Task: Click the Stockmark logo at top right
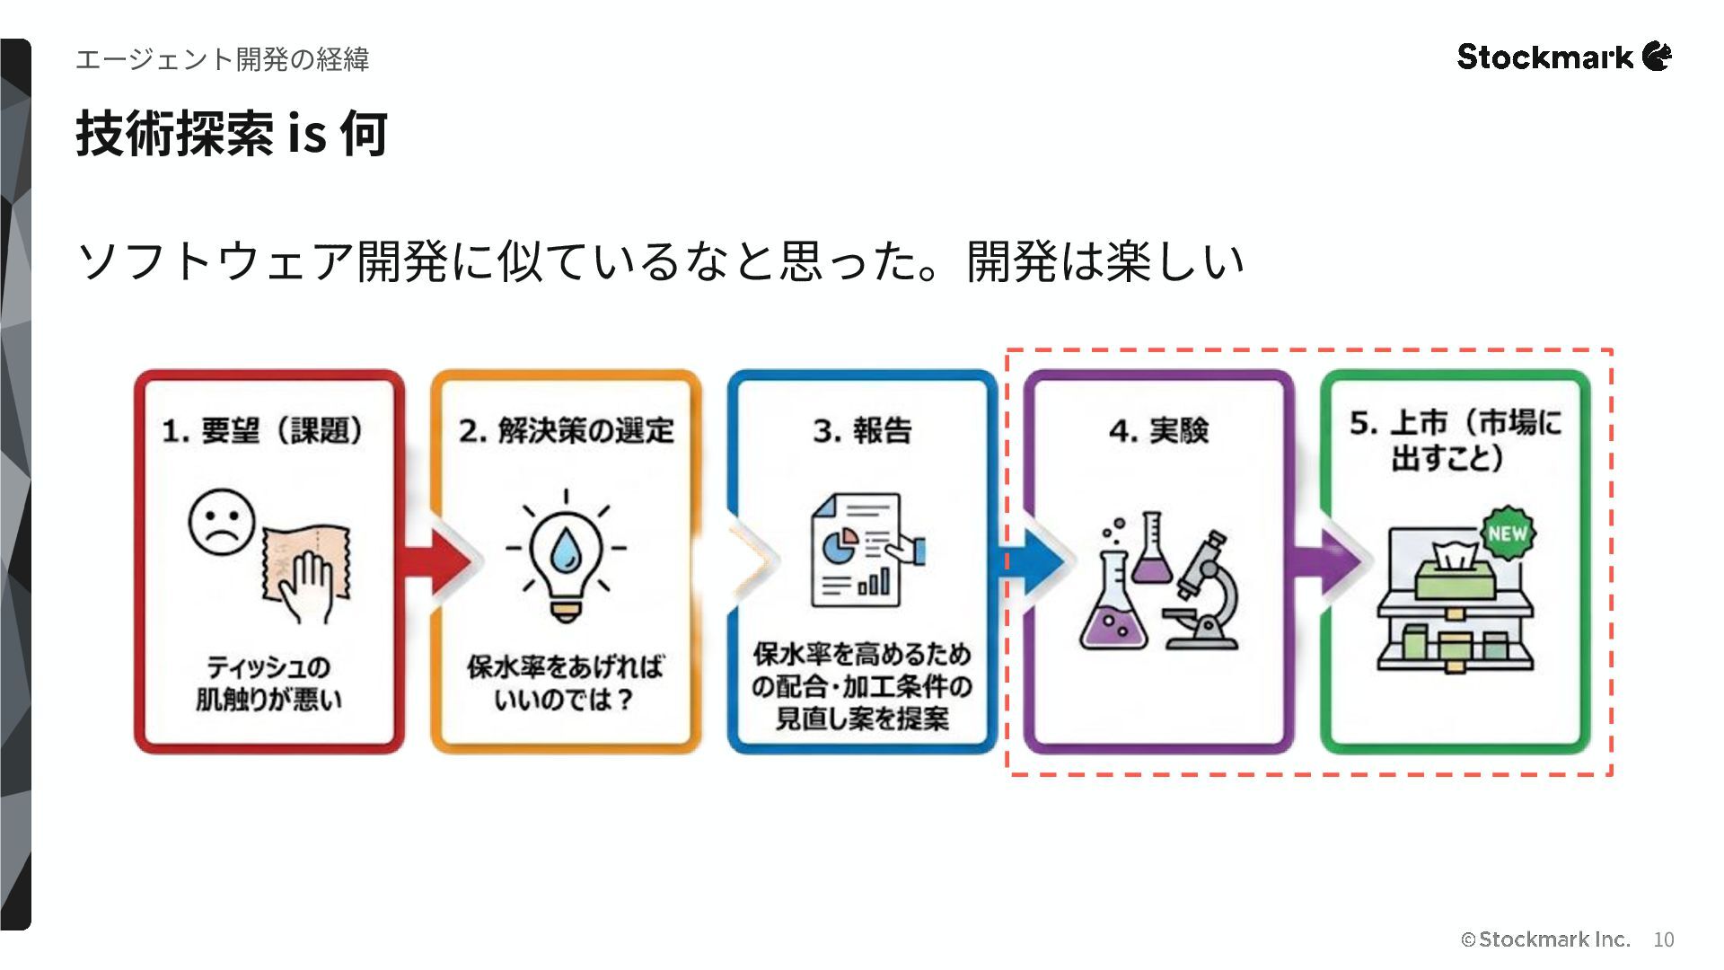[1563, 57]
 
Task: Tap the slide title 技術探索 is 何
[232, 134]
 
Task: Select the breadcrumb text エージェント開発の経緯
[222, 59]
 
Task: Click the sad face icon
[221, 522]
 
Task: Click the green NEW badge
[1508, 533]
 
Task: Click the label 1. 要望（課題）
[264, 431]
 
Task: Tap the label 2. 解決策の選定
[566, 431]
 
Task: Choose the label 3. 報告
[862, 431]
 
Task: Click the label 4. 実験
[1158, 431]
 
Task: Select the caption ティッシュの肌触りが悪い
[268, 683]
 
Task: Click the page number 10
[1663, 939]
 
